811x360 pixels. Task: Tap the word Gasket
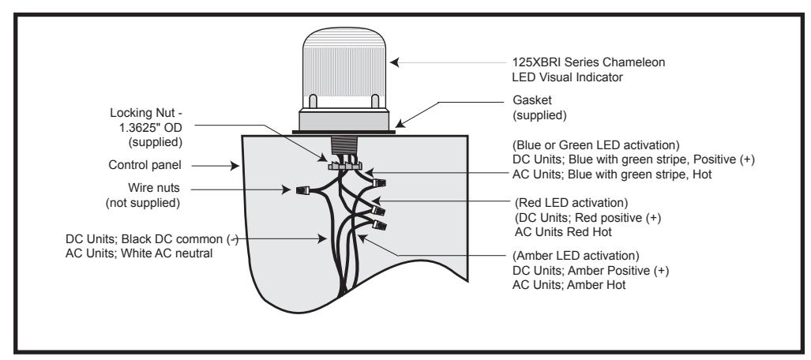(532, 99)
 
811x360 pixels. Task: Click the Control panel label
(145, 166)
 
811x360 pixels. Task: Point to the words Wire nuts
(154, 187)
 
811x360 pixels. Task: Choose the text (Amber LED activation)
(576, 256)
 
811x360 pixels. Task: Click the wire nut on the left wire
(302, 191)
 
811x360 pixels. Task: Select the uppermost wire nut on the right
(380, 182)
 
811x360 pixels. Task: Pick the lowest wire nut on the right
(380, 225)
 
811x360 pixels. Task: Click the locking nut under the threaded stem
(344, 166)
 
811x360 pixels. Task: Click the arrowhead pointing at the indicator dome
(395, 62)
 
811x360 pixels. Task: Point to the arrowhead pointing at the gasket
(400, 123)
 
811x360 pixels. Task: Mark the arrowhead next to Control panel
(235, 166)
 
